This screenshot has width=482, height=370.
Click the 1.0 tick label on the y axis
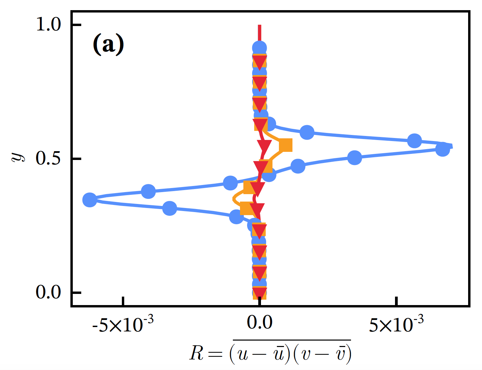pos(48,25)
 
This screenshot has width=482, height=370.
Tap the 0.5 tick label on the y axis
pos(48,158)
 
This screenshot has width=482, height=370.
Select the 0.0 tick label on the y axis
pos(48,292)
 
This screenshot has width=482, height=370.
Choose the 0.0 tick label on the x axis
pos(260,323)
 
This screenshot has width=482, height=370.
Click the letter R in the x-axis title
pos(197,353)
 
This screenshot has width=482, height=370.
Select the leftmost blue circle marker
pos(90,200)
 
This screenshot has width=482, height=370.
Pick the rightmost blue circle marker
pos(442,149)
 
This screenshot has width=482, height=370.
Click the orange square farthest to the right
pos(285,145)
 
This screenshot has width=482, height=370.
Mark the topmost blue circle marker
pos(260,48)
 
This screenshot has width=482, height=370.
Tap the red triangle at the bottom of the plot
pos(260,293)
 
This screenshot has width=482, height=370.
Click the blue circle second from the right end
pos(414,141)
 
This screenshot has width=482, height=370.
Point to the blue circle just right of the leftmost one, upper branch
pos(148,191)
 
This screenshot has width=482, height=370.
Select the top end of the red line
pos(260,26)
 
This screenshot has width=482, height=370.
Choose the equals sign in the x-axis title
pos(215,354)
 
